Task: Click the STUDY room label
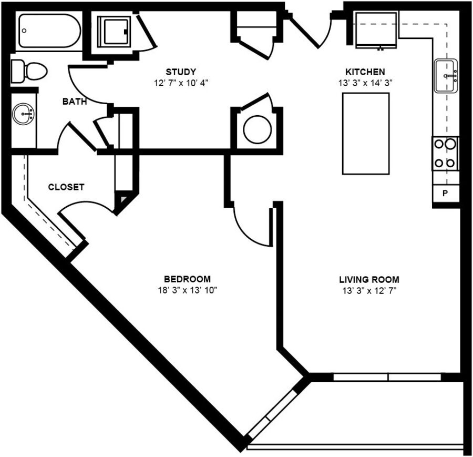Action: [x=181, y=72]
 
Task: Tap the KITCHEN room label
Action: [x=365, y=72]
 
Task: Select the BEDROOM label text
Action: [x=187, y=279]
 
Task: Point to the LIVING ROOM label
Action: [x=369, y=280]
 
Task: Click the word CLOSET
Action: [x=66, y=187]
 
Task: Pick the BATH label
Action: [x=75, y=101]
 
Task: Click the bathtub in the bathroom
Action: [x=49, y=31]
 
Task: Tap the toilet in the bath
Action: [x=29, y=71]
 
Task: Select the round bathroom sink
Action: [x=23, y=115]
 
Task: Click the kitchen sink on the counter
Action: [x=446, y=76]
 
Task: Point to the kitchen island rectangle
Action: [x=366, y=134]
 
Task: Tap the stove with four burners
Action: [x=445, y=154]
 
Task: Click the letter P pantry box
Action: [x=445, y=193]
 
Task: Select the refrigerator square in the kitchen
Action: [x=376, y=29]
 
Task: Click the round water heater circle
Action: [x=258, y=130]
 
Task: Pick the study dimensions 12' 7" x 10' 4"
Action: [x=181, y=83]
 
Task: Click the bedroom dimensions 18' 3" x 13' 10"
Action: [x=188, y=290]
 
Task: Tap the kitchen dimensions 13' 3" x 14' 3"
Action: [x=365, y=83]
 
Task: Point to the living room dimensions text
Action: [x=369, y=291]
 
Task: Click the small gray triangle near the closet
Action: [x=124, y=199]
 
